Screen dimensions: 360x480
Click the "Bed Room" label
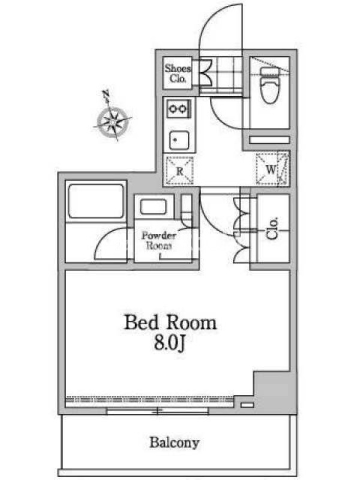(170, 323)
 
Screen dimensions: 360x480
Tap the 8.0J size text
(169, 343)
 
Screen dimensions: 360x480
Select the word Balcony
(175, 443)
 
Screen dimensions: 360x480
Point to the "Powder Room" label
(158, 241)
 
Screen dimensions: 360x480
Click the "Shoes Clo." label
(178, 73)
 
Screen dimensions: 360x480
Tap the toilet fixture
(269, 85)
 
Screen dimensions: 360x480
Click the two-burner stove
(179, 109)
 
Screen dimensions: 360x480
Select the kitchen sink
(179, 140)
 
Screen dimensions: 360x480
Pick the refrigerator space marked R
(179, 170)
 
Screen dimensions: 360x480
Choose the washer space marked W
(272, 169)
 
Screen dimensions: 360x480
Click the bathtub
(96, 201)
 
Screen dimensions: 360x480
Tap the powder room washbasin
(154, 206)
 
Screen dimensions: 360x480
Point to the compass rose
(112, 121)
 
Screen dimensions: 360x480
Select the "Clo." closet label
(272, 229)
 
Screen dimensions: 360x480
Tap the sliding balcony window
(158, 411)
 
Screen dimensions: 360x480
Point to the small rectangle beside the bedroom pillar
(247, 405)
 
